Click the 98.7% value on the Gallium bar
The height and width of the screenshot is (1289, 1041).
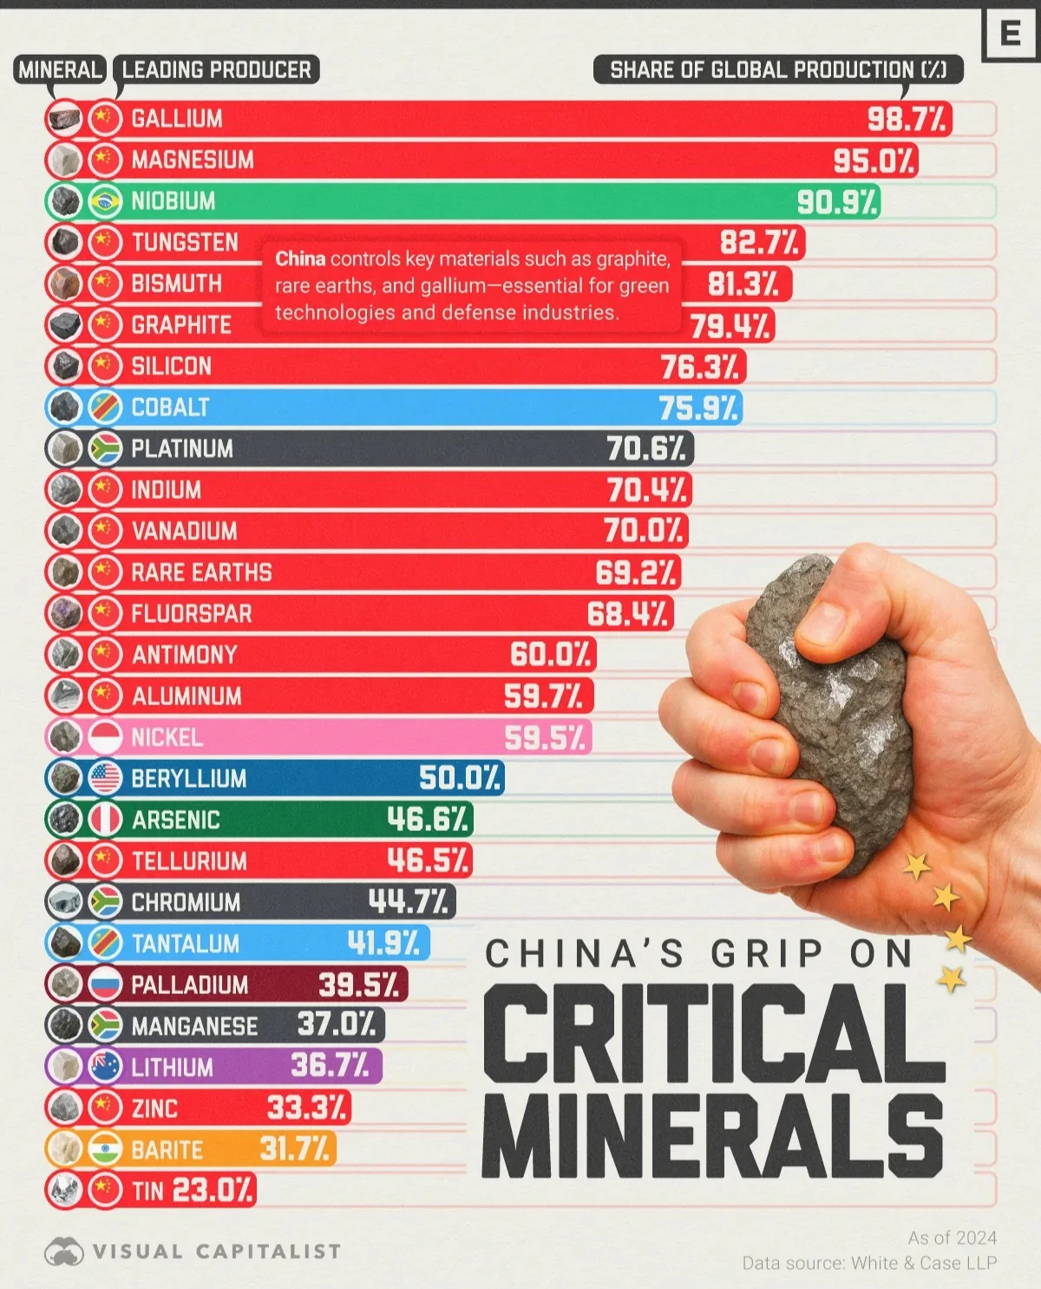click(x=907, y=119)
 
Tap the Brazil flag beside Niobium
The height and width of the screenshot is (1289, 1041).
click(x=105, y=201)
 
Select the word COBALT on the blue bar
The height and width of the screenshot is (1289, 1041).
click(x=170, y=407)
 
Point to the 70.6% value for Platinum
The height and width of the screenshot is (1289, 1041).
click(x=646, y=448)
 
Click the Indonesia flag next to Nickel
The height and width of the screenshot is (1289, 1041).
click(x=105, y=737)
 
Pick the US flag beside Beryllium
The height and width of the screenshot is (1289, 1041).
click(x=105, y=778)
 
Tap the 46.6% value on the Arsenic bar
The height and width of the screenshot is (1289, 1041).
click(x=428, y=819)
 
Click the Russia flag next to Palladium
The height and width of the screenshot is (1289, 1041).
click(x=105, y=985)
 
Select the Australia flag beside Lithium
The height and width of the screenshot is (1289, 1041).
click(x=105, y=1067)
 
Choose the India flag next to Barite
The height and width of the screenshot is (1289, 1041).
click(x=105, y=1149)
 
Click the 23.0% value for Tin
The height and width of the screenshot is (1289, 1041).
click(x=212, y=1190)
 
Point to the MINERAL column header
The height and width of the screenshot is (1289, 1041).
click(x=60, y=69)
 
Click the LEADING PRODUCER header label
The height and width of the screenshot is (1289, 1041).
click(x=216, y=69)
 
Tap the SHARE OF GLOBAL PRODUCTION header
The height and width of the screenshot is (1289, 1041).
click(x=778, y=69)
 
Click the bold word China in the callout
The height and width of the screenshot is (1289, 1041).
click(x=300, y=258)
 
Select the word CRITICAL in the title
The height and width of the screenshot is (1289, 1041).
click(x=713, y=1034)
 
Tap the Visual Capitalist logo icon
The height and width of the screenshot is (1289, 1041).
click(x=63, y=1251)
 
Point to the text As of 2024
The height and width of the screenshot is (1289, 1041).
click(x=952, y=1238)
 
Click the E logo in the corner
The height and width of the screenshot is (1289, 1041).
click(x=1011, y=34)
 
